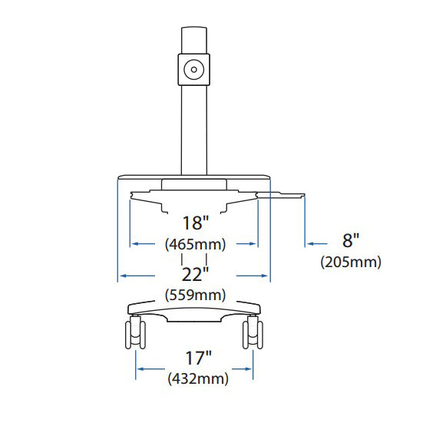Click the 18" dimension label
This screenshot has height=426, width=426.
[196, 223]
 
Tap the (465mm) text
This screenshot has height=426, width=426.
[195, 244]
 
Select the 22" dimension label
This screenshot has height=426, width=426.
[195, 274]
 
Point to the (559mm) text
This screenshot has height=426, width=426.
[195, 295]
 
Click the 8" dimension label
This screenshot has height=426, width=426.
[351, 240]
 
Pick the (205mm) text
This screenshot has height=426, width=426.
[351, 263]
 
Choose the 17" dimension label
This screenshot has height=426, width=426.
[198, 358]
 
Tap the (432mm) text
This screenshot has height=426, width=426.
[198, 378]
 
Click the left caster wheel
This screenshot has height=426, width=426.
[135, 333]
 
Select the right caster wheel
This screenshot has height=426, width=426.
[253, 333]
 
